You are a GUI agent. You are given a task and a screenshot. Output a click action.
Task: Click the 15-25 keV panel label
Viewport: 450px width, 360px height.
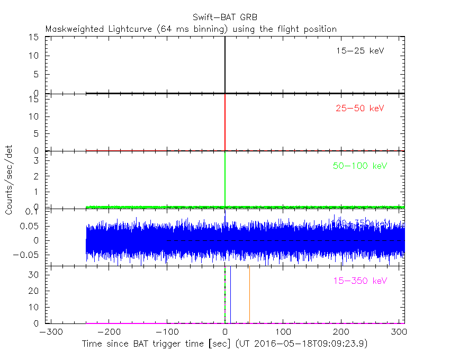[x=359, y=51]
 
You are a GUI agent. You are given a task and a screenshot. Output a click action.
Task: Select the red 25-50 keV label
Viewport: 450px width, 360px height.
[x=359, y=109]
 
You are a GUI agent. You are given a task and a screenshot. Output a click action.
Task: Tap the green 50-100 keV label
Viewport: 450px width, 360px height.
[x=360, y=166]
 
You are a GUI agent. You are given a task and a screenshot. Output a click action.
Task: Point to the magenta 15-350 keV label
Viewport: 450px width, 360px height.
[x=360, y=280]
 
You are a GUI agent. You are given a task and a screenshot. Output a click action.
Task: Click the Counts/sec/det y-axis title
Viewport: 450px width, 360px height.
[x=9, y=179]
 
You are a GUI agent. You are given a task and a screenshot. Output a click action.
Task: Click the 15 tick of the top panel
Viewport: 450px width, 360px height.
[x=34, y=37]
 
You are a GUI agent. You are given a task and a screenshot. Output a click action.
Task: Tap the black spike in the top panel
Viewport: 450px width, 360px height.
[x=225, y=64]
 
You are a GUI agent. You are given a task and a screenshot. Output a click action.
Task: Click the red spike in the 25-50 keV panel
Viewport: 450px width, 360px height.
[x=225, y=122]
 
